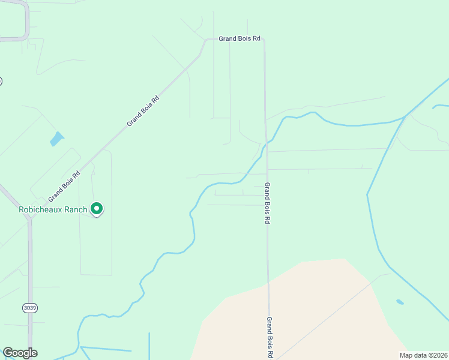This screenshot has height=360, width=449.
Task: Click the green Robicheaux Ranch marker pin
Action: click(x=97, y=208)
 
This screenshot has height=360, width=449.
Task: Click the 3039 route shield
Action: click(x=29, y=308)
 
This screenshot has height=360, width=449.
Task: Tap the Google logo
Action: click(x=20, y=353)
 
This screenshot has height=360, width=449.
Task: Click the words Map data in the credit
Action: click(x=412, y=355)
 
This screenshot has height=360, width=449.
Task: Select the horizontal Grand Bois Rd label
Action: click(x=240, y=38)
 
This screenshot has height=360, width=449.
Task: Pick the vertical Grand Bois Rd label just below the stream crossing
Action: click(x=267, y=203)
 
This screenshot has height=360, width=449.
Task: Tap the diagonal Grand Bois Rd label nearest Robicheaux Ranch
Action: click(x=65, y=187)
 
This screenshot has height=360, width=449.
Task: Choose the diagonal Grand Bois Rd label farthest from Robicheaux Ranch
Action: click(x=143, y=110)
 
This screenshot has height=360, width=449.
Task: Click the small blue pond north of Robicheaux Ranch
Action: click(x=57, y=139)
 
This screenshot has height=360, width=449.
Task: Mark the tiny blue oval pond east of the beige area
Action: click(x=400, y=302)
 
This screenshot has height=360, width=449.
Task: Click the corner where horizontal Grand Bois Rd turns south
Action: click(x=264, y=41)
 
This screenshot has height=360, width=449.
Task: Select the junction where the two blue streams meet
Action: click(x=403, y=118)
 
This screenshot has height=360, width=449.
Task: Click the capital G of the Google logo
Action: click(x=8, y=353)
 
